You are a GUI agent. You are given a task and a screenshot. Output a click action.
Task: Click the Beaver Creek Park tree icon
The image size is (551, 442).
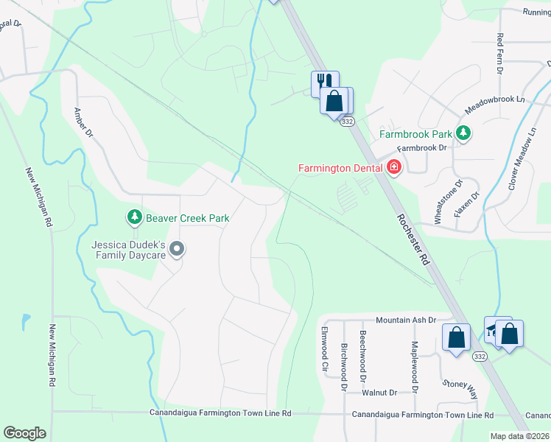[134, 217]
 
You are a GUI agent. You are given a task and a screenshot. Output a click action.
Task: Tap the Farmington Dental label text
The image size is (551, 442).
[340, 168]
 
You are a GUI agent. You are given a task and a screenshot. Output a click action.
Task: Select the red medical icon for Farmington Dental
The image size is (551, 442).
[394, 168]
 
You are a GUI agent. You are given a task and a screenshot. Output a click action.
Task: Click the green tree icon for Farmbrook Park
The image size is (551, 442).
[463, 133]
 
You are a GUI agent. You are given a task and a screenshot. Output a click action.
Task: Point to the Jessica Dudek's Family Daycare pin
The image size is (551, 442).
[176, 250]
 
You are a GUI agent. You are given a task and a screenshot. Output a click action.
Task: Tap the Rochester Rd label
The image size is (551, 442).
[413, 239]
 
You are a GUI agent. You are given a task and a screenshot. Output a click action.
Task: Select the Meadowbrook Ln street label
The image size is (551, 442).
[494, 104]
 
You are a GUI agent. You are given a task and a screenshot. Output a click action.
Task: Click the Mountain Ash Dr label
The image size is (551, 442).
[406, 320]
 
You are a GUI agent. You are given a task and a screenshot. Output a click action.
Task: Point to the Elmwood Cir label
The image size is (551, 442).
[323, 348]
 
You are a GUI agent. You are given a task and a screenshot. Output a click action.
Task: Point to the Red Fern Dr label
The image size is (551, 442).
[500, 54]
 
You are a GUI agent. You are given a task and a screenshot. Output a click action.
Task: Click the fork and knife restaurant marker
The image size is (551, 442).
[324, 82]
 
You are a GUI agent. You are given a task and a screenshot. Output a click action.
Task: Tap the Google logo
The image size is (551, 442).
[24, 433]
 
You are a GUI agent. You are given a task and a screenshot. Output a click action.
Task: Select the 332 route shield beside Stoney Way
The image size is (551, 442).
[480, 357]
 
